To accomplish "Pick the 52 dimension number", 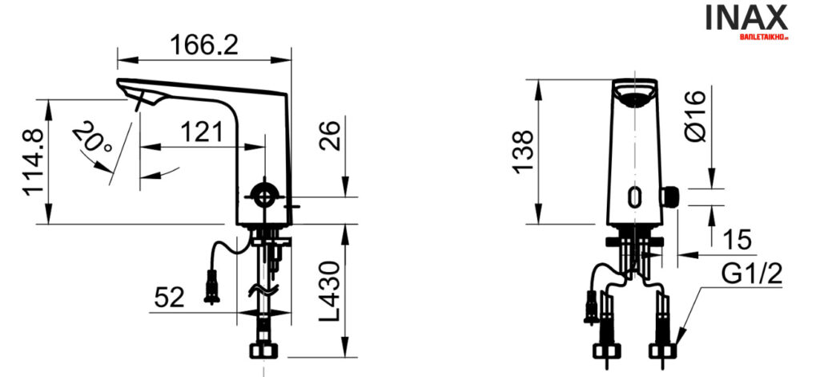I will (169, 298).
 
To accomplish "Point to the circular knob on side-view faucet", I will (263, 194).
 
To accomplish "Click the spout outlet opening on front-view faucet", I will (637, 99).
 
